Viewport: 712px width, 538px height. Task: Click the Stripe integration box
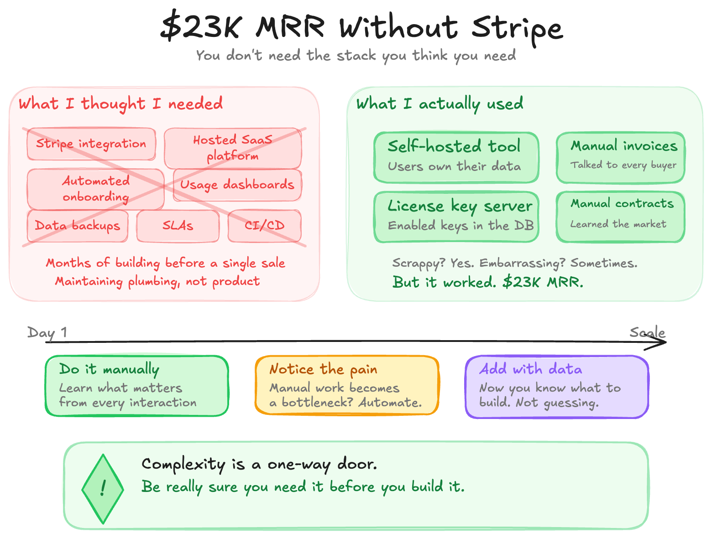(91, 144)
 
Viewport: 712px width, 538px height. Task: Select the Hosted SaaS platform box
(233, 148)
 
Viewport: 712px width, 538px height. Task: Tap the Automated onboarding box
(95, 189)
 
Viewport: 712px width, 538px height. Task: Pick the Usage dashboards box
(237, 185)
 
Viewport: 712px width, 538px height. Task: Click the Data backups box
(78, 226)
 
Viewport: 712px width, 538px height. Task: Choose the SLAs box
(178, 226)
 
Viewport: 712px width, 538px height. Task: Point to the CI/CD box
(265, 226)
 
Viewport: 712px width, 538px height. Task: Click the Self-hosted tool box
(456, 157)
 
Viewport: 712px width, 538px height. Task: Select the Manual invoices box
(620, 157)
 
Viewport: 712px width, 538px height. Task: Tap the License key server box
(456, 217)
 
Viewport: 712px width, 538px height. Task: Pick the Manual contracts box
(620, 217)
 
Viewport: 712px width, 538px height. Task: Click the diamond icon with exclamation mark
(103, 488)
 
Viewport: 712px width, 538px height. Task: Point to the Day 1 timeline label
(47, 332)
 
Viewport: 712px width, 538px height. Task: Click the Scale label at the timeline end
(647, 332)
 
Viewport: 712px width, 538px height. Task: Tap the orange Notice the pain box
(347, 385)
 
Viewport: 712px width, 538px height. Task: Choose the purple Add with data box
(557, 387)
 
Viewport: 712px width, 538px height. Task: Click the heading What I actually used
(440, 104)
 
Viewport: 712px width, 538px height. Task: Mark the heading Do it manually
(109, 369)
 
